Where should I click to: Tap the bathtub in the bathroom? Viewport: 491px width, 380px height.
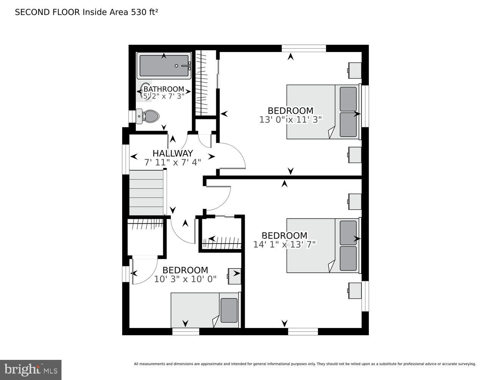[164, 66]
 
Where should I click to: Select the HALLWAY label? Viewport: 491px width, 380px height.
[173, 153]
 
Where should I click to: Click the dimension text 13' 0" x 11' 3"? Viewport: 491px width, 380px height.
[290, 119]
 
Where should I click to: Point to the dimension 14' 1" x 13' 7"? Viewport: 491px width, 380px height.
[284, 244]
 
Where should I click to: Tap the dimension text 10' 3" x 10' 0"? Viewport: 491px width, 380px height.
[185, 279]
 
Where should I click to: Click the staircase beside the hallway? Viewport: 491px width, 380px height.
[146, 193]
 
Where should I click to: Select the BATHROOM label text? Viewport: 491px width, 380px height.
[164, 89]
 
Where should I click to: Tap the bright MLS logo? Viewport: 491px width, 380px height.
[31, 370]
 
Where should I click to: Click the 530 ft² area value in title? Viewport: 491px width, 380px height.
[144, 12]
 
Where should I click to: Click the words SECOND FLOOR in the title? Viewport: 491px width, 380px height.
[47, 12]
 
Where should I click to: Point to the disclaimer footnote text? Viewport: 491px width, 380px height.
[305, 364]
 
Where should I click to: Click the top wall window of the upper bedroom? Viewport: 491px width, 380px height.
[304, 48]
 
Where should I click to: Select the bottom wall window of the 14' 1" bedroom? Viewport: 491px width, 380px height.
[303, 332]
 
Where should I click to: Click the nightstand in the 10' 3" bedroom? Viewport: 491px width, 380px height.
[234, 276]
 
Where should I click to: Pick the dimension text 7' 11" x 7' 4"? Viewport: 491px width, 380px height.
[173, 162]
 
